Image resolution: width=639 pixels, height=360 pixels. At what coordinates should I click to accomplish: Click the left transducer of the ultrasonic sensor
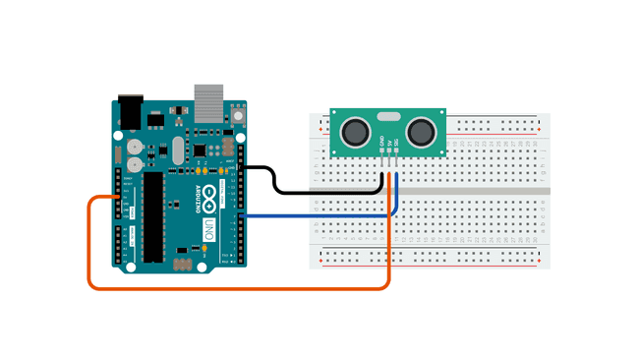(x=355, y=129)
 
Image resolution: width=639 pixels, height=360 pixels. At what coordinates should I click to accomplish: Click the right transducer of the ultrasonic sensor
(x=423, y=129)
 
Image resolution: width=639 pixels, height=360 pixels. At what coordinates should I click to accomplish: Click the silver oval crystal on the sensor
(x=389, y=116)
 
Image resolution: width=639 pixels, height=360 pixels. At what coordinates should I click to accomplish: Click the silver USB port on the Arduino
(x=207, y=98)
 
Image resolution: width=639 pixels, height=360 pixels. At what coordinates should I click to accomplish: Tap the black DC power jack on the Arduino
(x=130, y=109)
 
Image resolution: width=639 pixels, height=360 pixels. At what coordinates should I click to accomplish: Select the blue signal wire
(x=315, y=214)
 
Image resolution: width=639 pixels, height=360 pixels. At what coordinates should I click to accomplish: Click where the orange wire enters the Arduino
(x=119, y=198)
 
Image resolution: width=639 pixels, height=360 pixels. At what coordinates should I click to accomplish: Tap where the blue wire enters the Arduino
(x=240, y=214)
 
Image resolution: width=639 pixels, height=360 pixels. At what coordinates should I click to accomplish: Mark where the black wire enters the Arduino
(x=240, y=168)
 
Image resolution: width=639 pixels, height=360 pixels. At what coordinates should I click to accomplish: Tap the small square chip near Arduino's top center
(x=200, y=150)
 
